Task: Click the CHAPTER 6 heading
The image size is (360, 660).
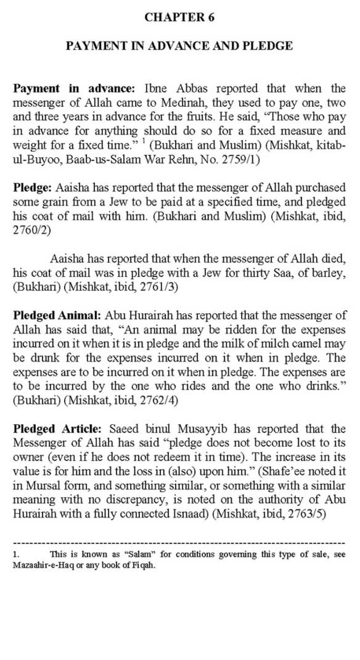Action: (179, 17)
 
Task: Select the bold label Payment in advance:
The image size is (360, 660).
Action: (73, 89)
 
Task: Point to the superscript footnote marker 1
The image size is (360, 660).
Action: (144, 141)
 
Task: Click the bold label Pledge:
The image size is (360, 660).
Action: (33, 187)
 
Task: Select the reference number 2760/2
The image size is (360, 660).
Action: (31, 230)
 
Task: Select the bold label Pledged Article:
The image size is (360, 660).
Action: (57, 429)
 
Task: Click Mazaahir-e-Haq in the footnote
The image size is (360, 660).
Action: (43, 565)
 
